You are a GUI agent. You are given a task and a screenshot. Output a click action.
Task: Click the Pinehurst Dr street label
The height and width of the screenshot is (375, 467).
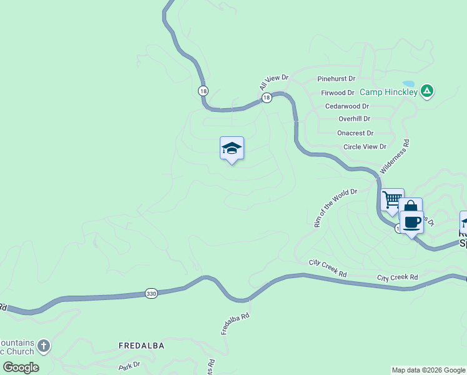336,79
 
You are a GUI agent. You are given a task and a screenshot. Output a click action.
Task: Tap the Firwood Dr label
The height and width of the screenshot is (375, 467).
338,92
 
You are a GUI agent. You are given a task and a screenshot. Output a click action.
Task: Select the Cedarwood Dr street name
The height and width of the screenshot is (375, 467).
347,106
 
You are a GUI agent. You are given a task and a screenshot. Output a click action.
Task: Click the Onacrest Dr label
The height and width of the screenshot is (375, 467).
355,132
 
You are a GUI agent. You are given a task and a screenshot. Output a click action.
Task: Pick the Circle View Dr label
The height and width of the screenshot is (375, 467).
365,147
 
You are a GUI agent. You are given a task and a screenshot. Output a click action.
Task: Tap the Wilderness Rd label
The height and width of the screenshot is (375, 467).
395,156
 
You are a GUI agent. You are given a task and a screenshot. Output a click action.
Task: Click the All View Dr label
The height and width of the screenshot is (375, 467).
274,82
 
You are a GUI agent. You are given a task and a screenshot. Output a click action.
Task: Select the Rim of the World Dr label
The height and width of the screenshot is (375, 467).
335,207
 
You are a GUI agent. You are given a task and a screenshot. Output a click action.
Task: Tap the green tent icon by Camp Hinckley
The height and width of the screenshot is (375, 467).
427,91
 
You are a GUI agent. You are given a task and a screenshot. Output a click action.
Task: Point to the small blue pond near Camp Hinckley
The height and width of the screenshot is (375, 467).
408,83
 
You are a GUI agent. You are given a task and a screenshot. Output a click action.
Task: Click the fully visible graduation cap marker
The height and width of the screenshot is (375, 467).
232,148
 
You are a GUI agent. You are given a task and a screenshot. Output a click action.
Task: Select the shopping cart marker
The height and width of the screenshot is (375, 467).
392,200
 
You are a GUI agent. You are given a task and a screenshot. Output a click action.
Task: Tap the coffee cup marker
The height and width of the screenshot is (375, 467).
412,222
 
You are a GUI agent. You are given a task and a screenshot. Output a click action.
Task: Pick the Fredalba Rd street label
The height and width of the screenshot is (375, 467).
235,324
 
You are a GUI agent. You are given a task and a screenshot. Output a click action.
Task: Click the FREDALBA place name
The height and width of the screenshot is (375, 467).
142,345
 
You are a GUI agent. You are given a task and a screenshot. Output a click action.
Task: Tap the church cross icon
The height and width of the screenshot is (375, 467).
43,345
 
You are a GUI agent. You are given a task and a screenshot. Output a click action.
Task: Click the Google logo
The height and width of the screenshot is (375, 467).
21,367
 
